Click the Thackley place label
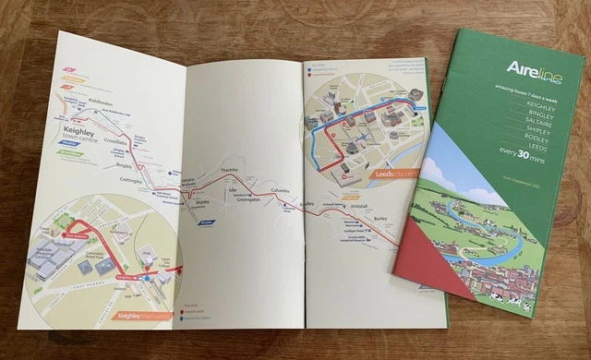click(x=231, y=173)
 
